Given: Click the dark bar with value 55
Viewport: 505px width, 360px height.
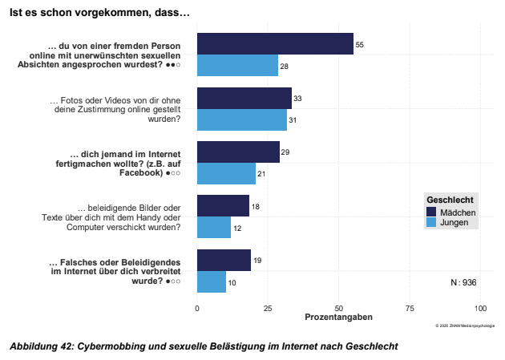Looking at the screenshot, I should pos(275,44).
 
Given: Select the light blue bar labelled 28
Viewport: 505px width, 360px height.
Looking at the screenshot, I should pos(237,65).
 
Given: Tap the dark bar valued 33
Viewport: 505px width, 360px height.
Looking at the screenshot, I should pos(244,98).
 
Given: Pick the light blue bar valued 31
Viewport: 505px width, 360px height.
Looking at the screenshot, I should pos(241,119).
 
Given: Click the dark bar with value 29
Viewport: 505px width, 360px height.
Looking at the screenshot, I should pos(238,152).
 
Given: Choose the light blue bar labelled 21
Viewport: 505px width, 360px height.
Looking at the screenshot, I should pos(227,174).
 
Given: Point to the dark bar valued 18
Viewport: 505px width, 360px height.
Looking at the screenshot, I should pos(223,206).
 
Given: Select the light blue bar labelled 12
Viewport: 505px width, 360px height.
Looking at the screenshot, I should pos(214,228).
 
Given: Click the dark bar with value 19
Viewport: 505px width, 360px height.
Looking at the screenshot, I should pos(224,261).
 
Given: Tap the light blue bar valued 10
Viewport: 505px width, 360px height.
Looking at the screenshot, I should pos(212,282).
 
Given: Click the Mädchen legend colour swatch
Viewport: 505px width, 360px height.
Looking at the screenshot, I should pos(432,212).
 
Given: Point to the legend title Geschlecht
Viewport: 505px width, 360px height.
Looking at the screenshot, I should pos(449,200).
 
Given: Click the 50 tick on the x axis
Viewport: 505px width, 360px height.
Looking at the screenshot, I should pos(339,307).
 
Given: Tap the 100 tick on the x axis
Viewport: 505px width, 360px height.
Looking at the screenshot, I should pos(480,307).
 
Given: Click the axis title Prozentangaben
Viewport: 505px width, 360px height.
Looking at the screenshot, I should pos(338,318).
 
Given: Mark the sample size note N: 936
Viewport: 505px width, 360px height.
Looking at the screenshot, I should pos(463,282).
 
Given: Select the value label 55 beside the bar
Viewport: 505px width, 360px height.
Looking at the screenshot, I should pos(360,45).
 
